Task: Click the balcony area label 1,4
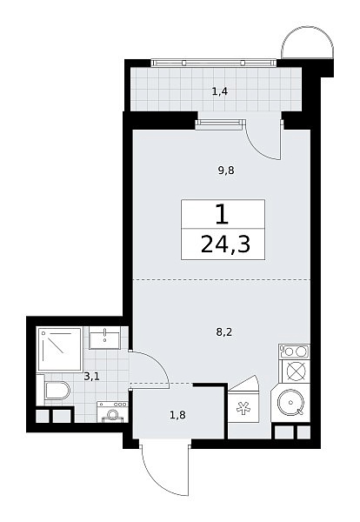click(220, 91)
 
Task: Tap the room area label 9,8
click(226, 171)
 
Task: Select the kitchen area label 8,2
click(224, 332)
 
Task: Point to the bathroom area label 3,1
click(92, 377)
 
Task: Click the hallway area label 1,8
click(177, 415)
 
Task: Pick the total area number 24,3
click(225, 244)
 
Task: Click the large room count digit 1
click(222, 215)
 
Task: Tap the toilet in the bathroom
click(57, 390)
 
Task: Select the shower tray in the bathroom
click(60, 349)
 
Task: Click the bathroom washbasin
click(104, 338)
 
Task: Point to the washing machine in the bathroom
click(112, 412)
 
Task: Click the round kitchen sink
click(290, 402)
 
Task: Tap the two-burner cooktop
click(295, 351)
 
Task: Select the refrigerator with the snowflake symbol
click(243, 407)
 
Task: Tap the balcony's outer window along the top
click(214, 63)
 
